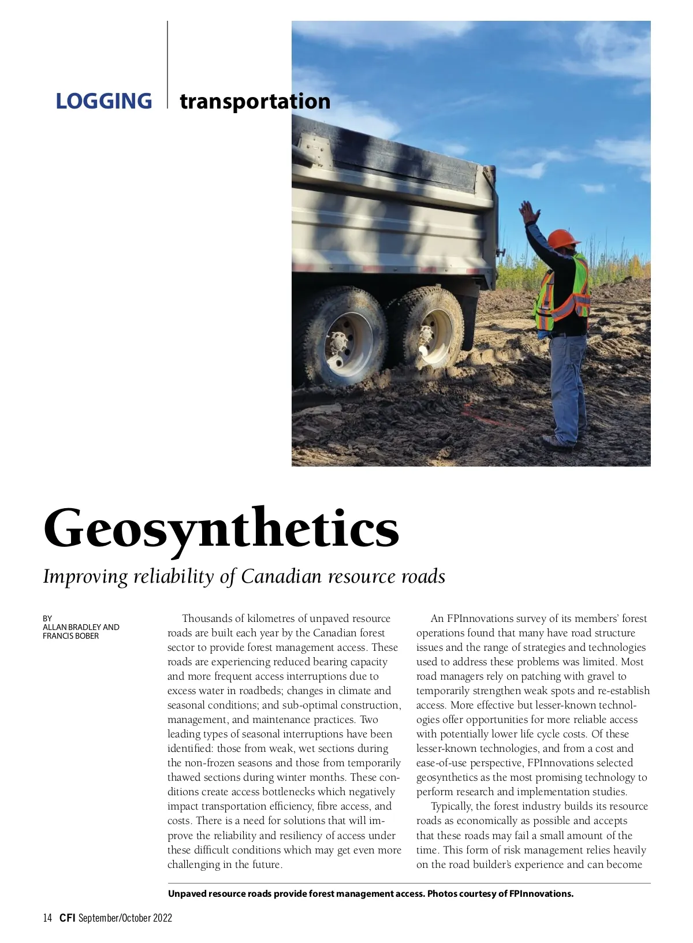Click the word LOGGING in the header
pyautogui.click(x=104, y=101)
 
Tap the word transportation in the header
pyautogui.click(x=255, y=101)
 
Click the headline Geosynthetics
pyautogui.click(x=221, y=528)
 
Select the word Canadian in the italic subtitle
pyautogui.click(x=281, y=576)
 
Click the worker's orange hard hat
pyautogui.click(x=562, y=238)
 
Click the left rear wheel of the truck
pyautogui.click(x=345, y=337)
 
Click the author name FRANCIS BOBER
pyautogui.click(x=70, y=636)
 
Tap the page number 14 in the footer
pyautogui.click(x=47, y=918)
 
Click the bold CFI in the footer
pyautogui.click(x=68, y=918)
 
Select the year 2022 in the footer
pyautogui.click(x=162, y=918)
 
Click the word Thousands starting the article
pyautogui.click(x=213, y=618)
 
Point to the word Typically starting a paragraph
pyautogui.click(x=452, y=806)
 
